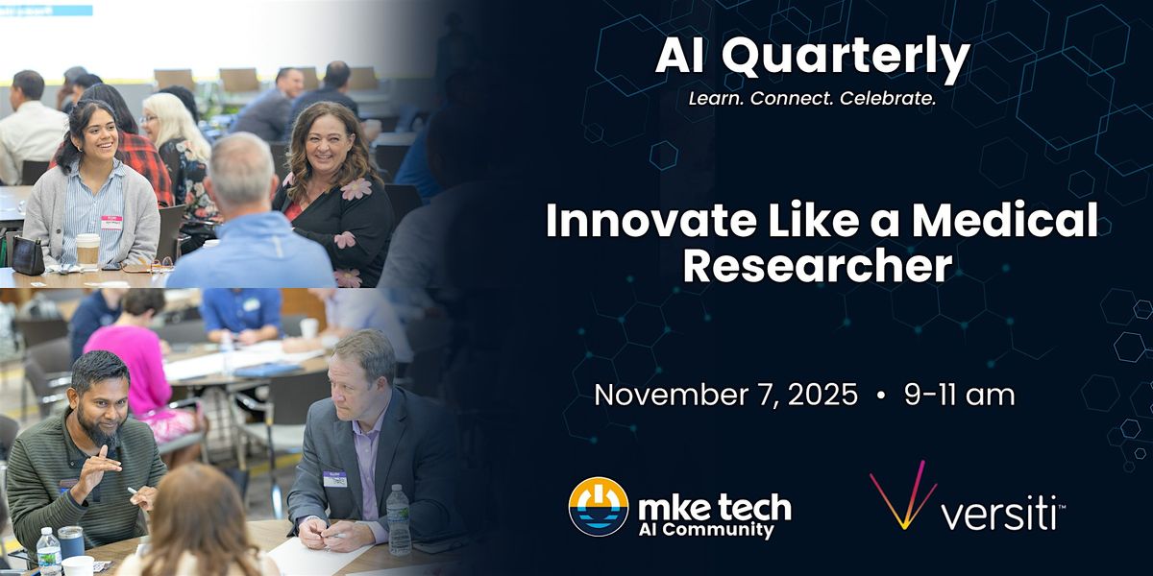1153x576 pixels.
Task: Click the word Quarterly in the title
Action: click(846, 57)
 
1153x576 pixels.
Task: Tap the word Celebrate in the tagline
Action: click(888, 98)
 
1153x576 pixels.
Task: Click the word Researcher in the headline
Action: click(818, 265)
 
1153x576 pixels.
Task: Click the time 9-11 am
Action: click(960, 395)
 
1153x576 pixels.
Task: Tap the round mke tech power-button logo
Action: click(598, 507)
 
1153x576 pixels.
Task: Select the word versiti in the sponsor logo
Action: click(998, 513)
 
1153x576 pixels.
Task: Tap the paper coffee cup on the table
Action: click(87, 251)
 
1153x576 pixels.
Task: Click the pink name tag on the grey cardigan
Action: click(111, 222)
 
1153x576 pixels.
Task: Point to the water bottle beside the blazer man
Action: click(398, 519)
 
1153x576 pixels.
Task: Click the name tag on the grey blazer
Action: click(334, 478)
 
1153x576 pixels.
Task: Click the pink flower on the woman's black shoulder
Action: click(356, 189)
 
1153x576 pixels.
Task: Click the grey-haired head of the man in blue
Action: click(242, 170)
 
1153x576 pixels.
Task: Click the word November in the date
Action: click(671, 395)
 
